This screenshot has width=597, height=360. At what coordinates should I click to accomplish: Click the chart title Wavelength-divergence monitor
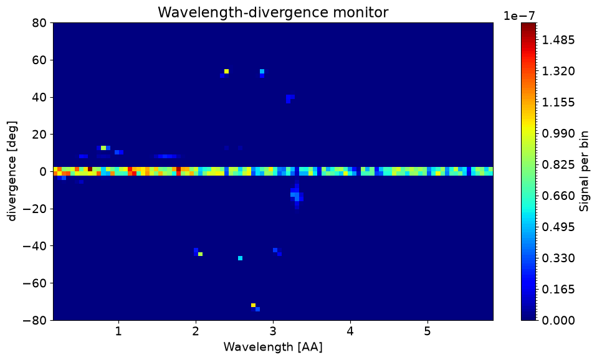(273, 12)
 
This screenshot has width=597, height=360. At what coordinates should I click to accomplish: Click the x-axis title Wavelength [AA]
(273, 347)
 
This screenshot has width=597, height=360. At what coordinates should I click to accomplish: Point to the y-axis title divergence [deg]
(12, 171)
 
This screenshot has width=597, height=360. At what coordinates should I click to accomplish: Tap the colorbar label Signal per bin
(584, 171)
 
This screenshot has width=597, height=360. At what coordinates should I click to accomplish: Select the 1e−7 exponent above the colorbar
(519, 16)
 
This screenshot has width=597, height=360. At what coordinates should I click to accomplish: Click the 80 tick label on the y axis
(39, 23)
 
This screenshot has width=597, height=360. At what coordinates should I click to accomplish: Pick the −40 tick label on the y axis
(36, 246)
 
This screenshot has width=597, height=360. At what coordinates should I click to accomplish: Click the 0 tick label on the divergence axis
(43, 172)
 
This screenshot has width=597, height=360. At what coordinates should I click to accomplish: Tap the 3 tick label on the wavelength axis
(273, 331)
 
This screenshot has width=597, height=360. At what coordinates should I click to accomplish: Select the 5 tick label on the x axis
(427, 331)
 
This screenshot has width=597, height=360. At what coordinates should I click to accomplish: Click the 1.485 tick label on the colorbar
(558, 40)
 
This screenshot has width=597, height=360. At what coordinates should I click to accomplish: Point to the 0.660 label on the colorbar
(558, 196)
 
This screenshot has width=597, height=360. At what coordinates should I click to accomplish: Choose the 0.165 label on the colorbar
(558, 289)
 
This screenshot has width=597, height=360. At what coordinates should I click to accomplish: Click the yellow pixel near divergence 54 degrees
(227, 71)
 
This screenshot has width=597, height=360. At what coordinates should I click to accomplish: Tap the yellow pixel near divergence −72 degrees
(253, 305)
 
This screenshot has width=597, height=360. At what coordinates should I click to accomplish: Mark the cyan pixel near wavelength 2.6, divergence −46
(241, 258)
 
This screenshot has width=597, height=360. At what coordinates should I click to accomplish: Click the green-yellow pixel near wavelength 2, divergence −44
(200, 254)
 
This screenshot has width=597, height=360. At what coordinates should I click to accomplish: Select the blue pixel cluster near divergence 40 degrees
(290, 98)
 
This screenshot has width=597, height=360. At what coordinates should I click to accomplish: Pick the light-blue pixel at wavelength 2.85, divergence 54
(262, 71)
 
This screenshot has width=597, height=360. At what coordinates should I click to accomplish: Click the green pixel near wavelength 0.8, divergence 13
(103, 148)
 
